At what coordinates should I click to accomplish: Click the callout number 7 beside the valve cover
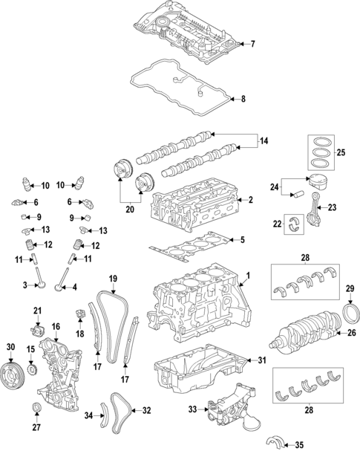click(252, 44)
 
